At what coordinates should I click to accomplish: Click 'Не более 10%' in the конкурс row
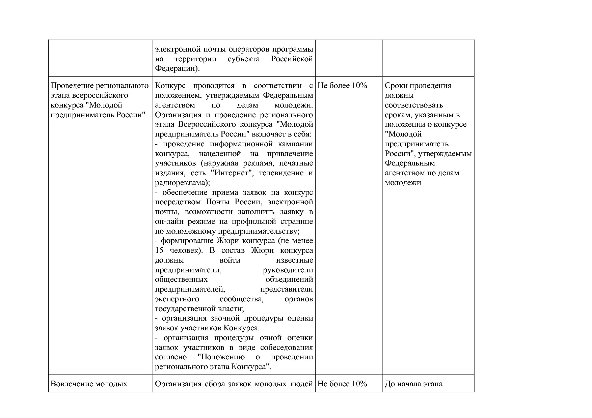[342, 86]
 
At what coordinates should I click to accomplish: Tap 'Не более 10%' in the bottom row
[342, 384]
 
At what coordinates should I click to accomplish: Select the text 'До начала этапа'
[413, 384]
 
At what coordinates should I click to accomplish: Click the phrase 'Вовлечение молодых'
[89, 384]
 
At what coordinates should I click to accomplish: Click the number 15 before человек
[159, 250]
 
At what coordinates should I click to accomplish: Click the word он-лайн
[167, 221]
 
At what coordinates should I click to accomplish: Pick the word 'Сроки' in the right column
[395, 86]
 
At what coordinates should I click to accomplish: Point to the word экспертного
[177, 299]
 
